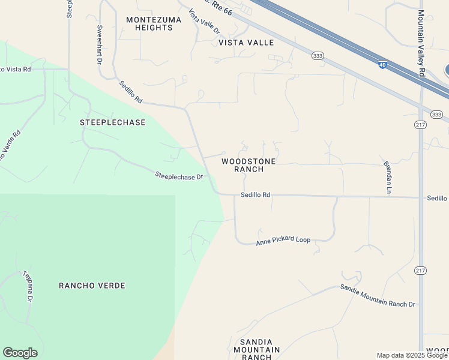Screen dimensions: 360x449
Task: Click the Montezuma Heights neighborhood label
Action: [149, 24]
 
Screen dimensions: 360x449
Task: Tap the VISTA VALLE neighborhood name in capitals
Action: [246, 43]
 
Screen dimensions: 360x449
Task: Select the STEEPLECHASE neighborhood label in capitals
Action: [113, 122]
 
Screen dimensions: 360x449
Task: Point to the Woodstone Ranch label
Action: [249, 166]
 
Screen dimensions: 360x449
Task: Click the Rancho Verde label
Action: [92, 286]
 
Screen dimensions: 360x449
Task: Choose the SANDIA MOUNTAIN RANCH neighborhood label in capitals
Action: [256, 349]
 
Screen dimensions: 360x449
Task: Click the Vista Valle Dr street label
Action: [205, 22]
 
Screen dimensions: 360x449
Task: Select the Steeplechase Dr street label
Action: [179, 176]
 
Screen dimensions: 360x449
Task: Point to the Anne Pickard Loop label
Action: [283, 241]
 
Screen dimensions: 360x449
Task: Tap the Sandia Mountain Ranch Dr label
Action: [378, 296]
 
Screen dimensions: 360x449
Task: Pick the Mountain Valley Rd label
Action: [421, 43]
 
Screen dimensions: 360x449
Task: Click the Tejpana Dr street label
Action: [28, 286]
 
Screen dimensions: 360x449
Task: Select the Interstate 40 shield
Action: [382, 65]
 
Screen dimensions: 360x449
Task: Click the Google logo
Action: [20, 353]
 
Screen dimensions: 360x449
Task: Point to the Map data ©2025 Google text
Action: [412, 355]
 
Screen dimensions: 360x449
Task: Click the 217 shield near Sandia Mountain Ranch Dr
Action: [420, 271]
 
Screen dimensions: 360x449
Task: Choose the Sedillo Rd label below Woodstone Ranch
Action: [256, 195]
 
